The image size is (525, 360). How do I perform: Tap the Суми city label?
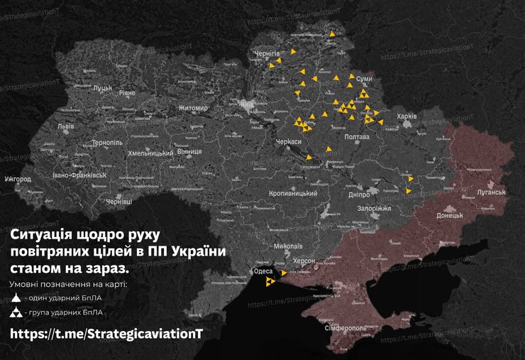point(364,79)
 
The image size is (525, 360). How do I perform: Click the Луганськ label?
point(490,192)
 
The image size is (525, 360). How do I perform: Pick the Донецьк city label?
point(449,214)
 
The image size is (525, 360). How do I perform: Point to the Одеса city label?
point(262,271)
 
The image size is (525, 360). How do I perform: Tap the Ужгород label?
point(17,179)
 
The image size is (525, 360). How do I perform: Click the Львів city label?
point(66,126)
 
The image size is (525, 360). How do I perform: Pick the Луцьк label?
point(103,88)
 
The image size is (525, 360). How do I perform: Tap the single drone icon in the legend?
point(16,298)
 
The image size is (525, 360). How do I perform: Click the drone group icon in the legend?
point(16,312)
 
